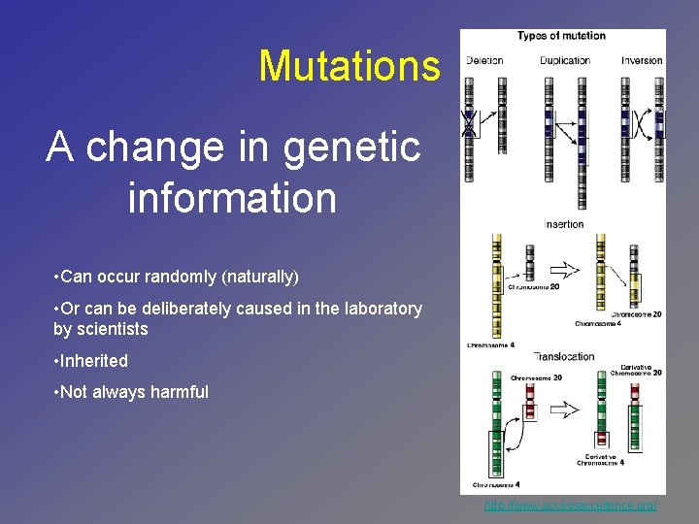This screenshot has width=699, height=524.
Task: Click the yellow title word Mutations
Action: (x=349, y=66)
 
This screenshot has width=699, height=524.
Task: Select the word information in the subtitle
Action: (x=232, y=197)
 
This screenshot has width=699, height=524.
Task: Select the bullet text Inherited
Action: (x=93, y=360)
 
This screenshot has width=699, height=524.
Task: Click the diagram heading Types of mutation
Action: (x=561, y=36)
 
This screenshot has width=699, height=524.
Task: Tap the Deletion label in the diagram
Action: (x=483, y=60)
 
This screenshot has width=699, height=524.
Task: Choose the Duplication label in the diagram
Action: (x=565, y=60)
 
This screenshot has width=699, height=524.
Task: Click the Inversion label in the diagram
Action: (x=642, y=60)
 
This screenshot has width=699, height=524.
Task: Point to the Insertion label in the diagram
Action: (x=563, y=224)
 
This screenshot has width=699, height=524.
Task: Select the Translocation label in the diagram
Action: (x=563, y=356)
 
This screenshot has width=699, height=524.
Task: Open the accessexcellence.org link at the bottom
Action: (x=571, y=506)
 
